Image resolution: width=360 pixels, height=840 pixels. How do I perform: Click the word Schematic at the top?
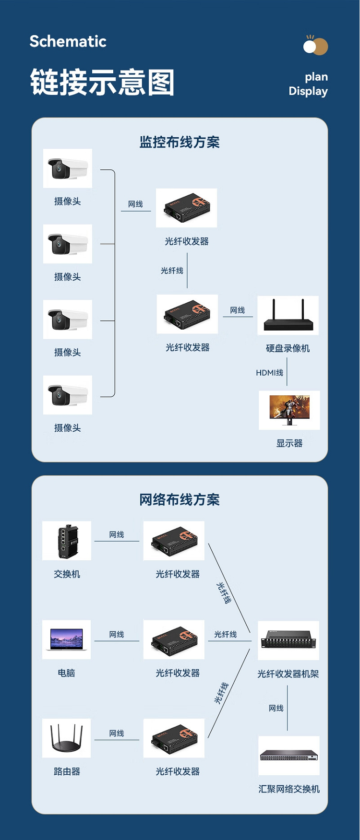click(x=68, y=41)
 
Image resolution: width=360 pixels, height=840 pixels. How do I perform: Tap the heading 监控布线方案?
click(x=180, y=142)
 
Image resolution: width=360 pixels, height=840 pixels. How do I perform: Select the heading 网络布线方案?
click(x=180, y=500)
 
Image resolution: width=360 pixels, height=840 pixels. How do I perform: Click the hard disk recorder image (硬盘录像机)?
click(x=288, y=315)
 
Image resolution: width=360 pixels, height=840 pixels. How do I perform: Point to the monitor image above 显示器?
click(x=289, y=410)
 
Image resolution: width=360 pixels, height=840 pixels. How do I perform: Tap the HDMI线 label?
click(x=269, y=373)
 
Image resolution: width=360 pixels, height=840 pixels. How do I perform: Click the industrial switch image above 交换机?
click(x=67, y=541)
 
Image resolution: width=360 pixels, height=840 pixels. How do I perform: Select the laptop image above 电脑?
click(x=66, y=639)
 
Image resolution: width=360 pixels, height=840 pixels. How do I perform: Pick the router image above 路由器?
click(x=66, y=738)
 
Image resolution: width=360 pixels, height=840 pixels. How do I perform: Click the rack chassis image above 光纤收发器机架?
click(x=288, y=640)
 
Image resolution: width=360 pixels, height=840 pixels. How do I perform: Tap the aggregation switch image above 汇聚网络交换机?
click(x=289, y=756)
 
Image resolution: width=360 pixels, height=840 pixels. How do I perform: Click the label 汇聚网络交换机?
click(x=289, y=789)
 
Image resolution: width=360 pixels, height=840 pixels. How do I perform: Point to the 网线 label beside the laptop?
click(x=117, y=634)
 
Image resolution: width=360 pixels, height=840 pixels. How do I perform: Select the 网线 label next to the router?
click(x=117, y=733)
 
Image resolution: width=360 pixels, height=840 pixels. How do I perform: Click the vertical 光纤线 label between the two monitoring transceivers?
click(x=172, y=271)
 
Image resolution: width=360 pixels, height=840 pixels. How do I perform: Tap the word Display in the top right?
click(x=308, y=91)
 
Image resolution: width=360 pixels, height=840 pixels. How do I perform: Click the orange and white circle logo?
click(x=315, y=46)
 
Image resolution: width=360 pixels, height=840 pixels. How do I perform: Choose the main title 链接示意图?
click(x=102, y=82)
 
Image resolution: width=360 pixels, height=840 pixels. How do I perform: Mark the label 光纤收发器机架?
click(x=288, y=674)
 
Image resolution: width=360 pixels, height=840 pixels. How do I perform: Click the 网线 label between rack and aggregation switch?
click(x=276, y=708)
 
